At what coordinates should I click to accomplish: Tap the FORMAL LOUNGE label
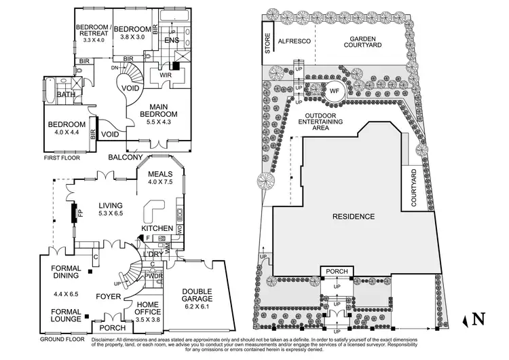pos(65,315)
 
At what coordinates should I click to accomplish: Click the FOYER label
pos(108,296)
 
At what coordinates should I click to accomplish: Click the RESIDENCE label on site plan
pos(353,217)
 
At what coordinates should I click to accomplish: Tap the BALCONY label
pos(125,157)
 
